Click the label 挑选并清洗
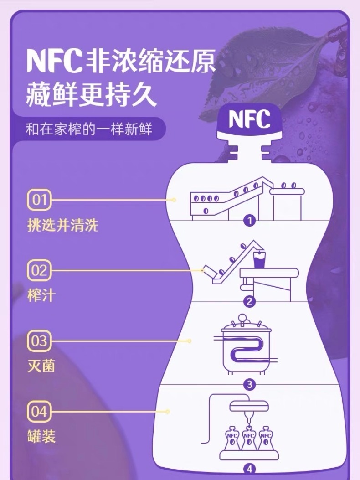click(x=63, y=225)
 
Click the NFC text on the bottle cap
click(x=249, y=119)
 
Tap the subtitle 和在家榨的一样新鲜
click(x=88, y=129)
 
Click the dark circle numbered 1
click(x=249, y=222)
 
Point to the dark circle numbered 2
click(x=249, y=301)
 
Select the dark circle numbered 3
click(x=249, y=384)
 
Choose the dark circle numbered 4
click(x=249, y=468)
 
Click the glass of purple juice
click(x=260, y=260)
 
